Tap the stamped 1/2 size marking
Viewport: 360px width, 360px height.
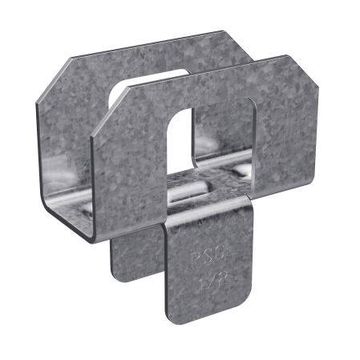point(206,282)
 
